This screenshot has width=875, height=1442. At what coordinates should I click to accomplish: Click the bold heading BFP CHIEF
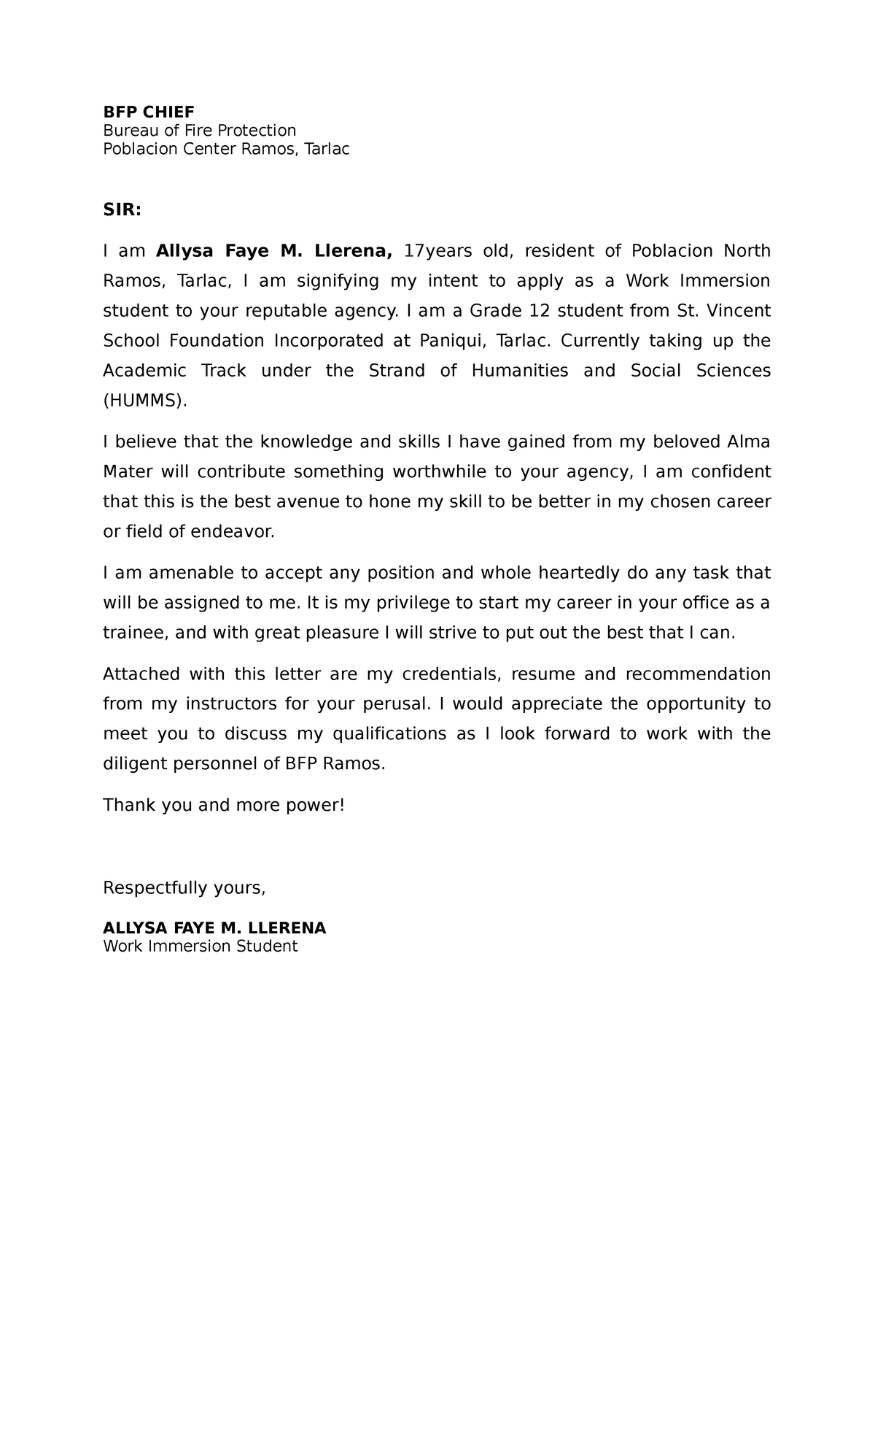click(149, 112)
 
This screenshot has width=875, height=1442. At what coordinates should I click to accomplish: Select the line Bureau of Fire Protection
click(199, 131)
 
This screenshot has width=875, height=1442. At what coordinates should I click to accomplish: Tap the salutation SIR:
click(122, 210)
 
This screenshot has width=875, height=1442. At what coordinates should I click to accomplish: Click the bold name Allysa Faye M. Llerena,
click(274, 251)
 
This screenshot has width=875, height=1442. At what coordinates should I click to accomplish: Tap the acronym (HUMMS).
click(145, 401)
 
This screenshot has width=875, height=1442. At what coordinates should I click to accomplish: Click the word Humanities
click(520, 371)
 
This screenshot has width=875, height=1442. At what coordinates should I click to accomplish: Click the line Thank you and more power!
click(223, 805)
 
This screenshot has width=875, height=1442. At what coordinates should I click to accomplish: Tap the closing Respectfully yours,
click(184, 888)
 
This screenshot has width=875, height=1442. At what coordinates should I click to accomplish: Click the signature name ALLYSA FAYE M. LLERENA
click(214, 928)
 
